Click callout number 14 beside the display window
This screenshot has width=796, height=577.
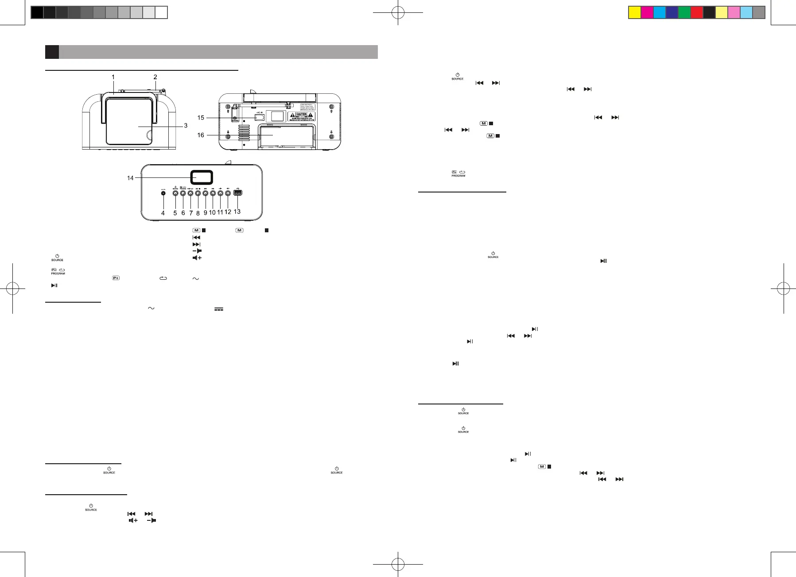[x=130, y=178]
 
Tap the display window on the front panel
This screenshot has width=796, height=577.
[x=202, y=177]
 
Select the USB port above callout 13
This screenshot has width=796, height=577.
[x=237, y=192]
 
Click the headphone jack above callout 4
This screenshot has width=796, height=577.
[x=163, y=192]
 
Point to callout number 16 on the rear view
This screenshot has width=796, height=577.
[x=201, y=135]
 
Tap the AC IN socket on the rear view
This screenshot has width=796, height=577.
[x=260, y=117]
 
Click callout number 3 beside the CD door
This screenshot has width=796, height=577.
[x=186, y=126]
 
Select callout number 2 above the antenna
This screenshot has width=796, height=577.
[x=155, y=77]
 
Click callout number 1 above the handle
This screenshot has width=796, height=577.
[x=113, y=77]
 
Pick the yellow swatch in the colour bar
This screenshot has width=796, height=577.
[x=635, y=12]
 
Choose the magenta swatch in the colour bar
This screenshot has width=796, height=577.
[x=647, y=12]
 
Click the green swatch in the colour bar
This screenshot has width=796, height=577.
[x=684, y=12]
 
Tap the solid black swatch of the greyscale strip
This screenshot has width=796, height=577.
[x=37, y=12]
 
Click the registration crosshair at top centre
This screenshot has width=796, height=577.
[x=398, y=13]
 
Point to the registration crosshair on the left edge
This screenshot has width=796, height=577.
[x=13, y=289]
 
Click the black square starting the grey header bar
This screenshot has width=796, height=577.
[x=52, y=52]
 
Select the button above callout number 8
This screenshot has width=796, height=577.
[x=198, y=192]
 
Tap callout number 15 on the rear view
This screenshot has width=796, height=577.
[x=201, y=118]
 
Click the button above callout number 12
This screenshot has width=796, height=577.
[x=228, y=192]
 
